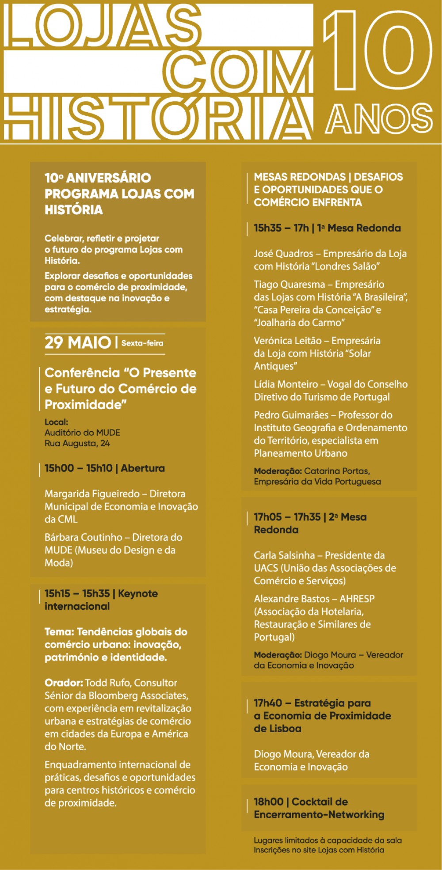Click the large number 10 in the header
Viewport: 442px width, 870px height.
coord(378,51)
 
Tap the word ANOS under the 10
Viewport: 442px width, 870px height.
coord(379,118)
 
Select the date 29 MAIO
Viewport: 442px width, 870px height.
coord(78,343)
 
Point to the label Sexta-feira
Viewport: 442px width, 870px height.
coord(142,343)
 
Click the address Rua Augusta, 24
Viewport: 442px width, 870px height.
coord(77,443)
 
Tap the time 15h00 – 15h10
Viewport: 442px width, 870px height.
coord(78,468)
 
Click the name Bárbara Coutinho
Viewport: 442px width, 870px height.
coord(83,537)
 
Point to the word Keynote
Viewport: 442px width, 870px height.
coord(137,593)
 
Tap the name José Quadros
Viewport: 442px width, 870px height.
coord(283,254)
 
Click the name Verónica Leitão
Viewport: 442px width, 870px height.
coord(287,341)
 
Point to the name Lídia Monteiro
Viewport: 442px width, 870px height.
coord(286,384)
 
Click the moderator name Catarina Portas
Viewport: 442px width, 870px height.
coord(336,471)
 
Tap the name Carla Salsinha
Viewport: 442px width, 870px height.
coord(284,555)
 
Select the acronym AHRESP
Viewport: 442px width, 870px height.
coord(357,599)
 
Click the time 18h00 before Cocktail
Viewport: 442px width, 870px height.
coord(268,802)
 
